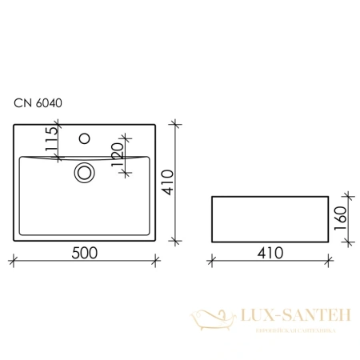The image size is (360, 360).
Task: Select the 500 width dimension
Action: coord(84,252)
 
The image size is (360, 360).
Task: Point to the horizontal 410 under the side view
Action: coord(270,252)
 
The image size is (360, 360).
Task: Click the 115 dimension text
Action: coord(52,142)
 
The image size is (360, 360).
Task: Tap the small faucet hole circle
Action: coord(84,137)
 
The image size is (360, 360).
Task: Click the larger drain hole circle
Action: coord(84,170)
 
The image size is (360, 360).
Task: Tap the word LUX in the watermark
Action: coord(261,315)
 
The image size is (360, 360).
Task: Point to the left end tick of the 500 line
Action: coord(14,259)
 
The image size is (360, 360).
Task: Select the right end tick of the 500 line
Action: coord(156,259)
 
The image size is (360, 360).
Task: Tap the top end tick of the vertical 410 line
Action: coord(176,123)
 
